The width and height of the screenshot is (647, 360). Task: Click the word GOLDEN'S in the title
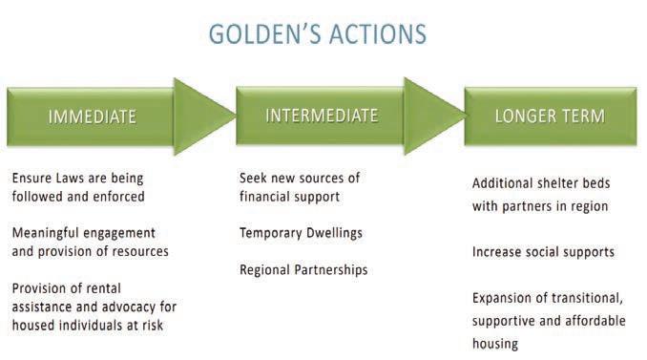264,33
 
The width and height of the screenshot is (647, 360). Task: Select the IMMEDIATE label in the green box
92,116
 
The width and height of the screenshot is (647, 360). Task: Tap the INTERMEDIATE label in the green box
322,116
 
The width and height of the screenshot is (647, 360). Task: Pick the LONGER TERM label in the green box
550,116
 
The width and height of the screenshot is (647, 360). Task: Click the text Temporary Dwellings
301,233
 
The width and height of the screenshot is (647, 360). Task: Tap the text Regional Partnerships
303,270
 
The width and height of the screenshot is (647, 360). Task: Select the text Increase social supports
543,252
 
